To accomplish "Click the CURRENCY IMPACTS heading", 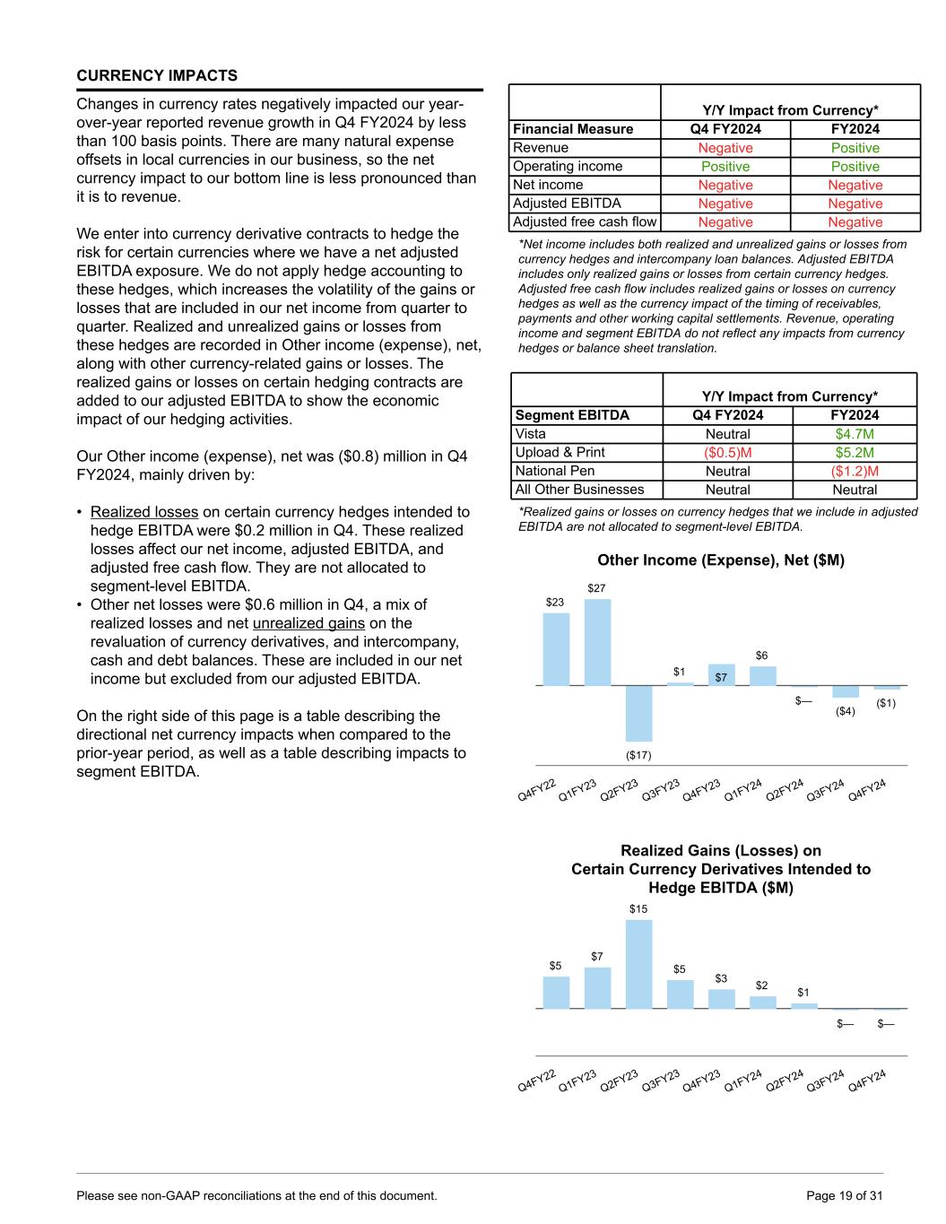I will (157, 75).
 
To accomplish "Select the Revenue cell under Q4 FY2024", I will (725, 148).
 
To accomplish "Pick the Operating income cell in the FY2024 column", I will (855, 167).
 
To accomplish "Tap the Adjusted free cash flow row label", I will (585, 221).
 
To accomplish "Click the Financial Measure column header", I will (573, 129).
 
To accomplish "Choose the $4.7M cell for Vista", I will (855, 434).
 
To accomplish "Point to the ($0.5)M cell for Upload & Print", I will (727, 453).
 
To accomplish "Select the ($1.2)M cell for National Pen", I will (855, 471).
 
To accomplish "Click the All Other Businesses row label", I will (579, 490).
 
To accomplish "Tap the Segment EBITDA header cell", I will (572, 415).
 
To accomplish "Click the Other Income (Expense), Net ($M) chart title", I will (721, 560).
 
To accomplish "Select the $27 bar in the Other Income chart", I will (597, 641).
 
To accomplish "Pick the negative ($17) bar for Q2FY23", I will (638, 713).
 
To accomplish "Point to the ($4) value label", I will (845, 711).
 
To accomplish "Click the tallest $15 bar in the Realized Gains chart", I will (638, 964).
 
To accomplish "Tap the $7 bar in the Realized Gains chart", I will (597, 987).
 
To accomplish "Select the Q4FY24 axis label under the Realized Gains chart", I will (867, 1081).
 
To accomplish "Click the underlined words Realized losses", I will (144, 512).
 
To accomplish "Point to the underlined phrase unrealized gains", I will (308, 623).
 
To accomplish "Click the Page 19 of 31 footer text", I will (845, 1195).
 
